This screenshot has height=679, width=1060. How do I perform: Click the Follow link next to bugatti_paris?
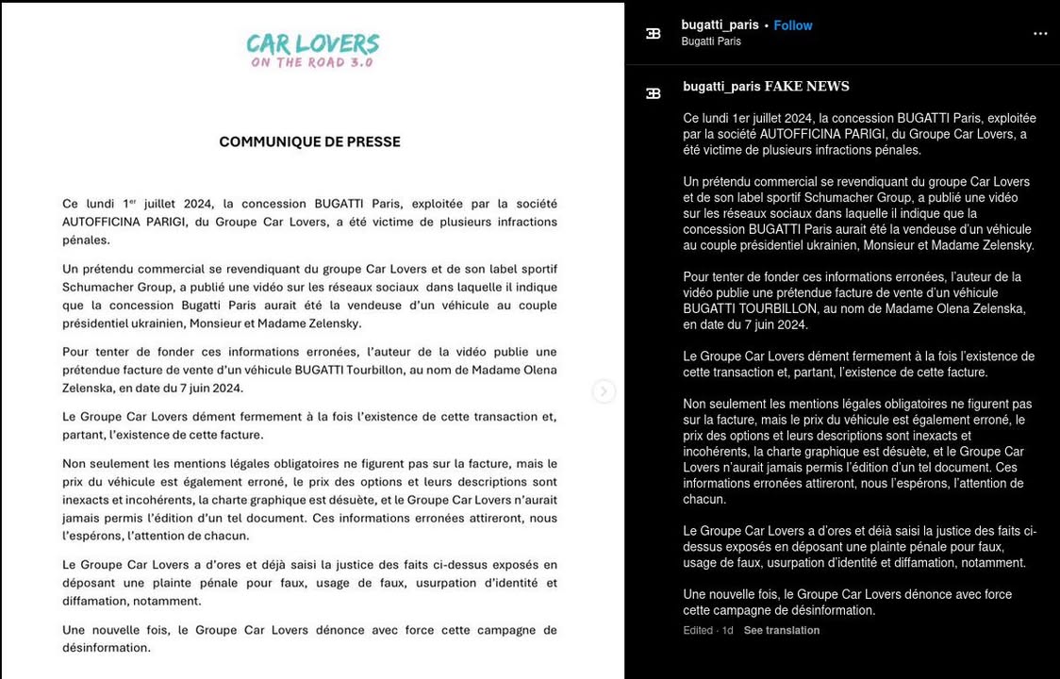[x=792, y=25]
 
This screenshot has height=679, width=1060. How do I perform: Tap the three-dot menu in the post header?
[x=1040, y=34]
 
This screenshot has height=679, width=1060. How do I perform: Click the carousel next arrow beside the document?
[x=604, y=391]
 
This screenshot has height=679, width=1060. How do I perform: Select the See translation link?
[x=781, y=631]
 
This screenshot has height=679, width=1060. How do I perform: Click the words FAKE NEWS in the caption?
[x=806, y=87]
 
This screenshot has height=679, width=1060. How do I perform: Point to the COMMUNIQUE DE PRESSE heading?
[x=309, y=142]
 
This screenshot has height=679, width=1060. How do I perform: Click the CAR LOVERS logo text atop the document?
[x=312, y=43]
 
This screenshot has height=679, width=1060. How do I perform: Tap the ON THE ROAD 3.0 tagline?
[x=312, y=63]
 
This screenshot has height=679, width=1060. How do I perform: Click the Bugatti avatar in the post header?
[x=653, y=34]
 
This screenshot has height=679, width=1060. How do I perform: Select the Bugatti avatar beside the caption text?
[x=653, y=93]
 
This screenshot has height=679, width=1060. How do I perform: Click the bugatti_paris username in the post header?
[x=720, y=25]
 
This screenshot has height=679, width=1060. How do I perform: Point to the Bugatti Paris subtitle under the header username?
[x=710, y=41]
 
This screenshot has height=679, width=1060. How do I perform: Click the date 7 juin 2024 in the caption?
[x=764, y=324]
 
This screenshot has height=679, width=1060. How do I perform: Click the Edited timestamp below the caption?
[x=698, y=631]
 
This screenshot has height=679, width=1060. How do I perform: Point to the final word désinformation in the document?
[x=106, y=648]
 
